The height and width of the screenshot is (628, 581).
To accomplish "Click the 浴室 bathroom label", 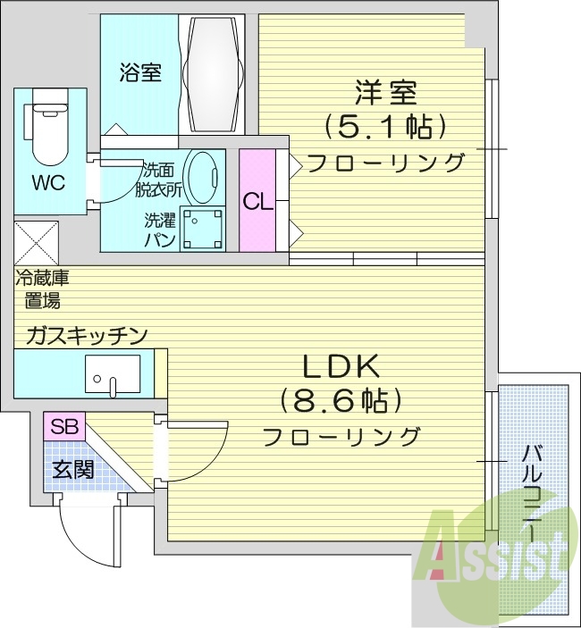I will pos(139,72).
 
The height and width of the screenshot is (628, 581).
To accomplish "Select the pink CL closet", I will pos(257,201).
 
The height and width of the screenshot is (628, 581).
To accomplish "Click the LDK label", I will pos(341,365).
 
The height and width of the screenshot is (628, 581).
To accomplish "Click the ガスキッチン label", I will pos(86,335).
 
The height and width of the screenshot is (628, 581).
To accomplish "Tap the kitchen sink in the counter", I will pos(113,373).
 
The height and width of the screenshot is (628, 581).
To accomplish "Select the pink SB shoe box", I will pos(63,425).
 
